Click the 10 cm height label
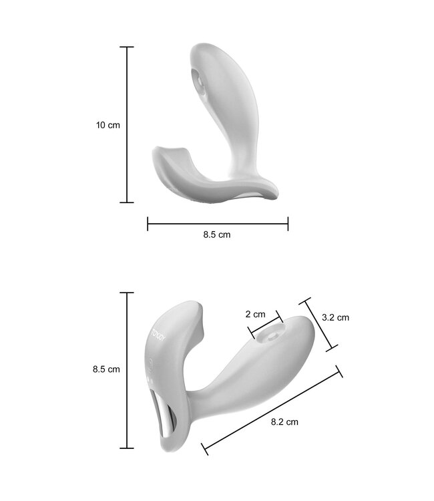(x=108, y=125)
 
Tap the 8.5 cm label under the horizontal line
(x=217, y=234)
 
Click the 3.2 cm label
(x=335, y=318)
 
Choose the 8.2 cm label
(x=284, y=422)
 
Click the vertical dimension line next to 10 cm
(x=127, y=124)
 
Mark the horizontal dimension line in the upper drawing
(x=218, y=223)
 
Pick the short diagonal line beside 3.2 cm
(x=320, y=324)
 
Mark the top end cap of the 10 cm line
(x=127, y=47)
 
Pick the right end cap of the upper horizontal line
(x=288, y=223)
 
